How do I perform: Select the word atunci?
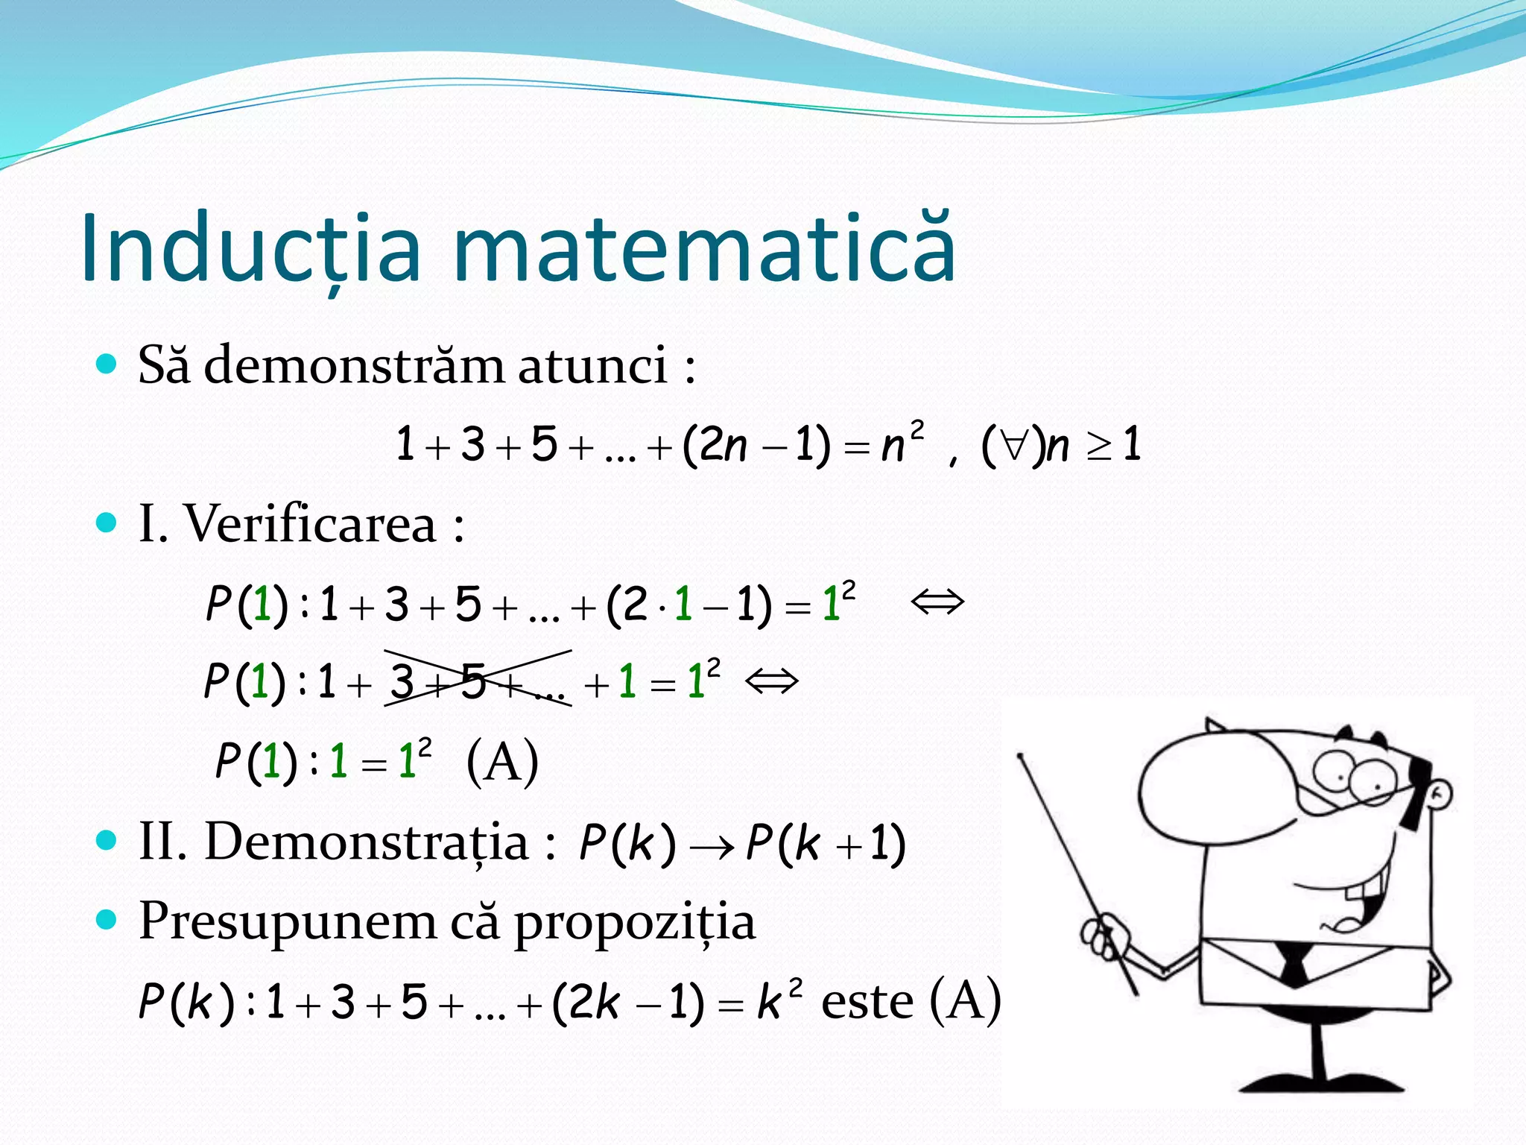(x=592, y=365)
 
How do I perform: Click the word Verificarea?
(x=309, y=523)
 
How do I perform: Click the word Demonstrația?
(x=366, y=842)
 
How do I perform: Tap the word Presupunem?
(x=287, y=921)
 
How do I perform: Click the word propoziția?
(x=634, y=923)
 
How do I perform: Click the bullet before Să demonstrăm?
(x=107, y=365)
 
